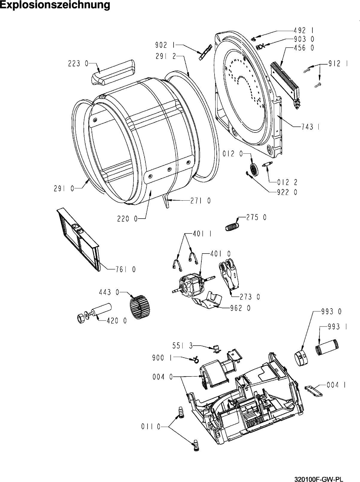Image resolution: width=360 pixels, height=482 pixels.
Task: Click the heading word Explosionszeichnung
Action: [55, 5]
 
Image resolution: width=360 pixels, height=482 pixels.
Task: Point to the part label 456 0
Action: [304, 48]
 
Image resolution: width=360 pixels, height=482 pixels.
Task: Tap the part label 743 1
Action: [310, 127]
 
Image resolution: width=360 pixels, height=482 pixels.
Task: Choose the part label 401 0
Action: [221, 254]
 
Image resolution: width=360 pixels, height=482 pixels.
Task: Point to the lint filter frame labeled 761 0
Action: [78, 239]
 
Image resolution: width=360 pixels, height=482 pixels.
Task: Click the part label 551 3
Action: [183, 346]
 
